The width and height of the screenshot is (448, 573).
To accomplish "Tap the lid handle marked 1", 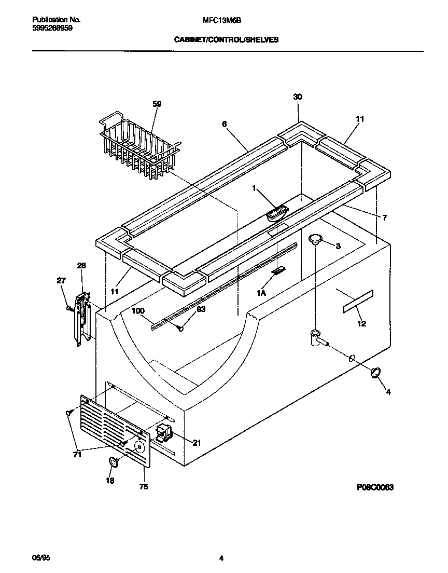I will [x=277, y=213].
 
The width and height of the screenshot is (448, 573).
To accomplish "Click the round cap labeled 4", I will [x=375, y=372].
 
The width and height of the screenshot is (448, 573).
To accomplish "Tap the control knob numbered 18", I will [x=113, y=462].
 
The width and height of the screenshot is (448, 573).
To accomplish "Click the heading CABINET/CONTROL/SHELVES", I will [x=226, y=39].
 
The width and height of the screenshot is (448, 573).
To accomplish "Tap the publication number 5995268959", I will [x=49, y=28].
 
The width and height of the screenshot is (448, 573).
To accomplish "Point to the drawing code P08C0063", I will [x=375, y=487].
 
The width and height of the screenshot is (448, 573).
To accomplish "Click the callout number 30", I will [x=298, y=97].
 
